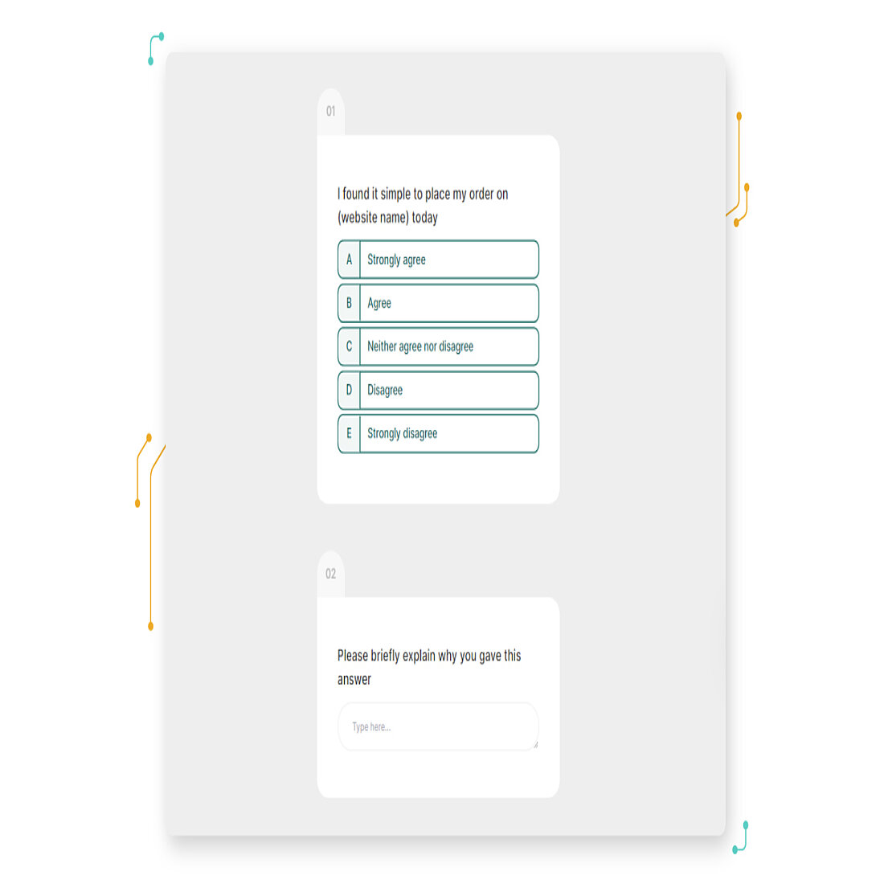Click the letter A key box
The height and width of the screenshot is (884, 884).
click(349, 260)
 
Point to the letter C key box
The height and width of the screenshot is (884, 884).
click(349, 346)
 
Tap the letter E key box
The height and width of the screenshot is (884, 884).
click(349, 433)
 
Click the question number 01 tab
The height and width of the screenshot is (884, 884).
click(330, 112)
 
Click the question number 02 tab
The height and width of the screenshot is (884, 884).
click(330, 574)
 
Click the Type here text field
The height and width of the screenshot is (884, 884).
click(437, 726)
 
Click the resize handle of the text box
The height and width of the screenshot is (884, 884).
click(535, 745)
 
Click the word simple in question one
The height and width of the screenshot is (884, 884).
click(395, 194)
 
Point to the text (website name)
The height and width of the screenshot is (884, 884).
click(373, 218)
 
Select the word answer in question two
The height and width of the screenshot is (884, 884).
click(354, 680)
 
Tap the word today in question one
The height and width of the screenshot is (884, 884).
click(424, 218)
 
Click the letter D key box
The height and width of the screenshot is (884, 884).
click(349, 390)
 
